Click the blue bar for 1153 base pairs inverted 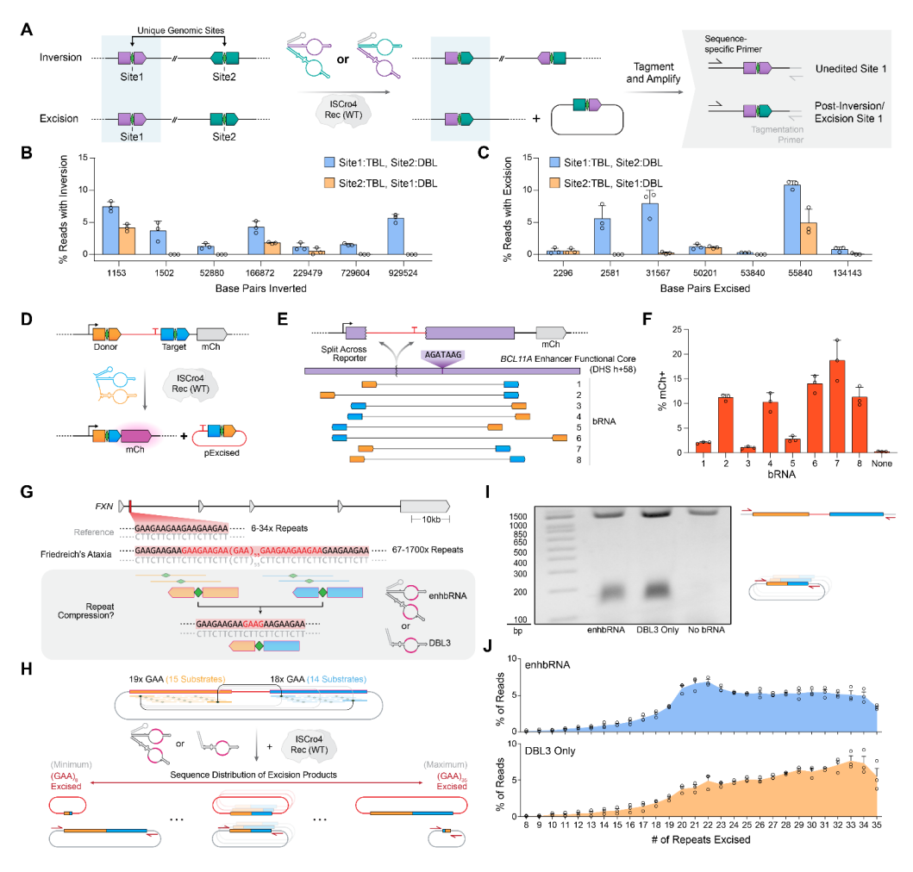coord(110,230)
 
